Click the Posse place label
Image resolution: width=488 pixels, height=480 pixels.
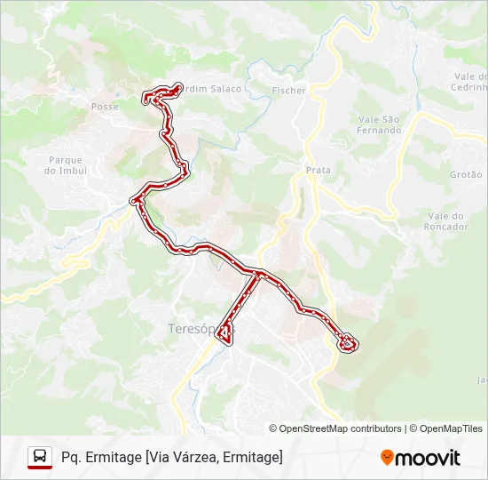click(x=104, y=106)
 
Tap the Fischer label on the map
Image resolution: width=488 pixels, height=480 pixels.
click(x=289, y=91)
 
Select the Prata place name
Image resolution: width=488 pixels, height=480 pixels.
click(x=318, y=170)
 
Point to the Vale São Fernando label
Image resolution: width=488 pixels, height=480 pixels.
click(x=380, y=124)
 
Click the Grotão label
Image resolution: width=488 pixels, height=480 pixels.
click(x=465, y=175)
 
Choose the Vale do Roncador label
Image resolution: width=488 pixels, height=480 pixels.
click(x=447, y=221)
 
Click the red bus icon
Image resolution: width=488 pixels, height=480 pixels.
click(x=39, y=457)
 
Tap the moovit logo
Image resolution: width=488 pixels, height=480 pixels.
click(x=421, y=458)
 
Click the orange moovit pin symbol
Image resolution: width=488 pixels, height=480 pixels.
click(x=388, y=457)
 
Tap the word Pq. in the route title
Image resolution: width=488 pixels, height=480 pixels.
click(x=72, y=457)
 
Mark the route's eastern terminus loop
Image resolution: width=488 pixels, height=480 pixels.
click(x=348, y=342)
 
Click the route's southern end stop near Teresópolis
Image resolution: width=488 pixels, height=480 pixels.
click(x=225, y=334)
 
